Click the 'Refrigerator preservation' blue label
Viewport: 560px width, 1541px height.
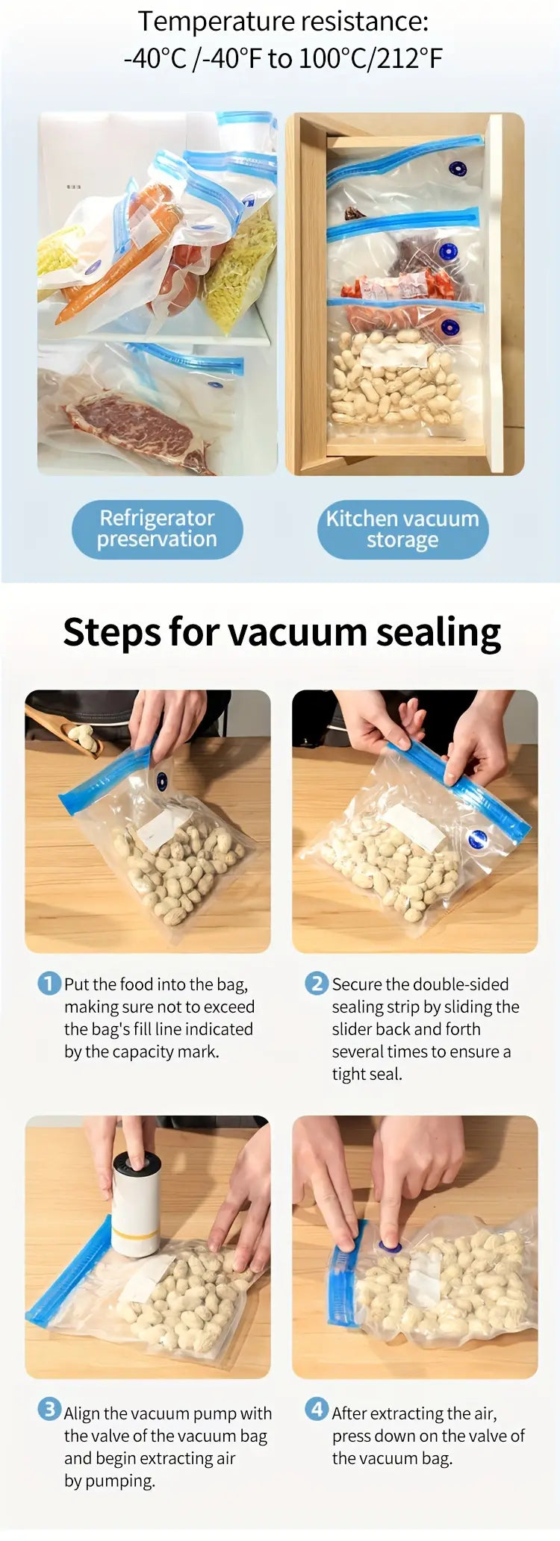tap(157, 529)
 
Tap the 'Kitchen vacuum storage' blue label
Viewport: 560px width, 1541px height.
tap(402, 529)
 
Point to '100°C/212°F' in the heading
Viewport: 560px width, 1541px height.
tap(370, 58)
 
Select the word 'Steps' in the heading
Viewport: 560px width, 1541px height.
tap(112, 632)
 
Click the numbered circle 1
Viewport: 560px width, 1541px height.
tap(49, 984)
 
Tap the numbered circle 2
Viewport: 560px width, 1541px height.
tap(317, 984)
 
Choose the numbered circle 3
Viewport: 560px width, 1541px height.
tap(49, 1410)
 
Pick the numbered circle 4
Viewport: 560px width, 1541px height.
tap(317, 1410)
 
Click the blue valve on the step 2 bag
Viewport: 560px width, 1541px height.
tap(479, 839)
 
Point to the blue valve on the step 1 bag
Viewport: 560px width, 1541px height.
tap(162, 781)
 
